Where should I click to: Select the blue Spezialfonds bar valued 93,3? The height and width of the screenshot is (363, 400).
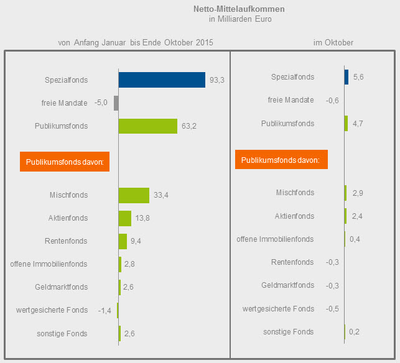(162, 80)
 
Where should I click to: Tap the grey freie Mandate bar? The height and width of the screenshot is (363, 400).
(116, 103)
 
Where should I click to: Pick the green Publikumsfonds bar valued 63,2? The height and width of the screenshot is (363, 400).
(148, 126)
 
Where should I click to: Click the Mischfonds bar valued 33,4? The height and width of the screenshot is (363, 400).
(134, 195)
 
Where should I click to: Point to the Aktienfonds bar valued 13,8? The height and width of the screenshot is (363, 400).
(125, 218)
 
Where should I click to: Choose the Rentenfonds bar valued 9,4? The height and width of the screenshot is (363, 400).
(123, 241)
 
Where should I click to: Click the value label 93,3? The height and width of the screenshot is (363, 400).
(218, 80)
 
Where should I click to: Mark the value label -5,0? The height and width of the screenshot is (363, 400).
(101, 103)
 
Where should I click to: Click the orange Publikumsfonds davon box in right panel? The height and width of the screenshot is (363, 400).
(281, 160)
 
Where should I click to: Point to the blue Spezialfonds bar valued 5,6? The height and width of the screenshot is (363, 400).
(346, 77)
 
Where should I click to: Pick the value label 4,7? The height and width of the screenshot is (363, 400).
(358, 124)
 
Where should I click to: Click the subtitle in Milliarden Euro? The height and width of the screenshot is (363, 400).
(240, 19)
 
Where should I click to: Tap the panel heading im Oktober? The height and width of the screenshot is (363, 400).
(333, 42)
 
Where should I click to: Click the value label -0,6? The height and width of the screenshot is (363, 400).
(332, 100)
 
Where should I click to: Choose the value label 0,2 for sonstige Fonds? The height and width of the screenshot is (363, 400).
(355, 332)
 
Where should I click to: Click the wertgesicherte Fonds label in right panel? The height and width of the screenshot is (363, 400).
(278, 309)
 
